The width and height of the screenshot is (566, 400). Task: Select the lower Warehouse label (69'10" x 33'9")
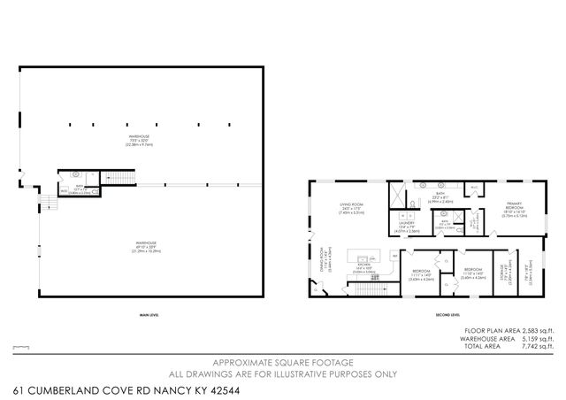(147, 244)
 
